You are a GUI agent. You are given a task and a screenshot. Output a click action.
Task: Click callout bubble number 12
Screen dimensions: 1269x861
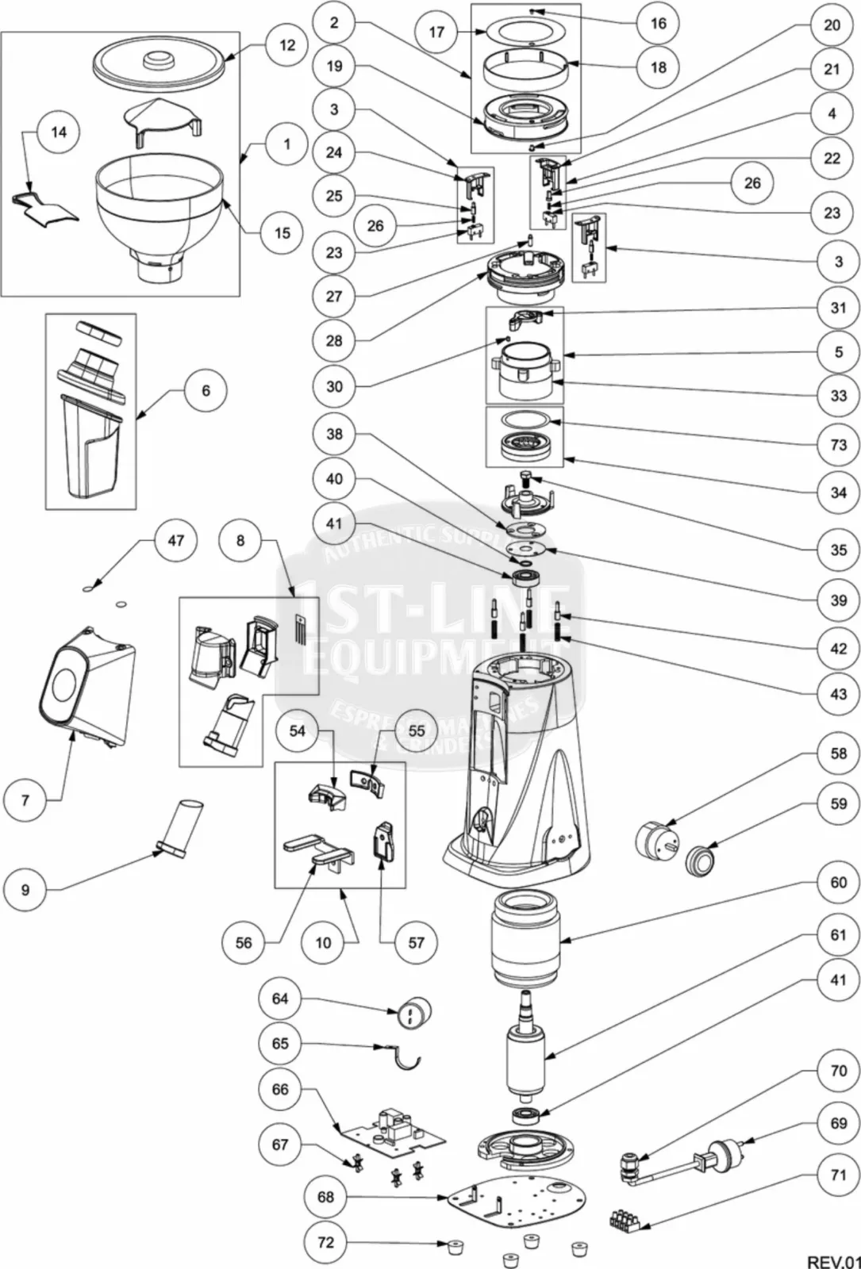click(x=286, y=45)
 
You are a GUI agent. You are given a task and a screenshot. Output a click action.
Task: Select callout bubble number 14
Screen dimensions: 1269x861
click(x=59, y=132)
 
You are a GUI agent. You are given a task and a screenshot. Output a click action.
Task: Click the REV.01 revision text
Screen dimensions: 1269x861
click(x=832, y=1261)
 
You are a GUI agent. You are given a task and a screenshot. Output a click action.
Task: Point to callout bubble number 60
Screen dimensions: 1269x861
click(x=838, y=882)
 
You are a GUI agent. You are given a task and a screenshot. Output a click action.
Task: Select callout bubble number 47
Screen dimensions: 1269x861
click(x=175, y=540)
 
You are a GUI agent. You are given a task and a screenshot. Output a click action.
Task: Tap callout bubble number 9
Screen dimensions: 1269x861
click(x=25, y=890)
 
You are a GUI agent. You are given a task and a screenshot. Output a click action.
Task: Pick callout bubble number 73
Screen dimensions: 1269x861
click(x=838, y=445)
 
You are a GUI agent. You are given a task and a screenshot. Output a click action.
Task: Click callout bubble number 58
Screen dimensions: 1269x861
click(x=838, y=753)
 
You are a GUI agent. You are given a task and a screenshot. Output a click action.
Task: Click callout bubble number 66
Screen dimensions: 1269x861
click(x=280, y=1089)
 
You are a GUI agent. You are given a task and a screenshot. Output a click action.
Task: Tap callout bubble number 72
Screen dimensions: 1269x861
click(x=326, y=1242)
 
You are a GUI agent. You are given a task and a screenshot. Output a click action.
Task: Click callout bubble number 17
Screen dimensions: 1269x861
click(x=436, y=32)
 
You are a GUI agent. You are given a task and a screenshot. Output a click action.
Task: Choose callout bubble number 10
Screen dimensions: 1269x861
click(x=323, y=942)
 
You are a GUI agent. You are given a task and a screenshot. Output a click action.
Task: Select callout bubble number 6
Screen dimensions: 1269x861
click(x=206, y=390)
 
